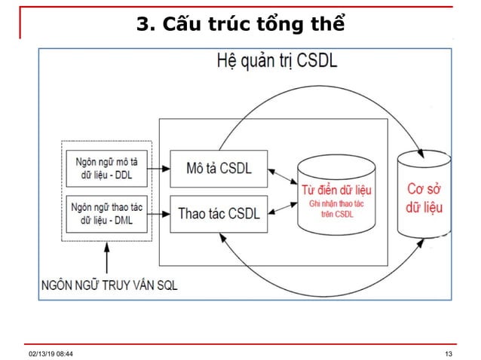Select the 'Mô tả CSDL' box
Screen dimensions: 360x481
click(x=219, y=167)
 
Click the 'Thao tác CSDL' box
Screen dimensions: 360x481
click(x=219, y=212)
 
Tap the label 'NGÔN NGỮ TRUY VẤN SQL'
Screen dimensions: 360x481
click(x=110, y=285)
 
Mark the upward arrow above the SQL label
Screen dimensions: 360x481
click(x=111, y=260)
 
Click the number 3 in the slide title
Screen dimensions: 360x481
click(x=142, y=26)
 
